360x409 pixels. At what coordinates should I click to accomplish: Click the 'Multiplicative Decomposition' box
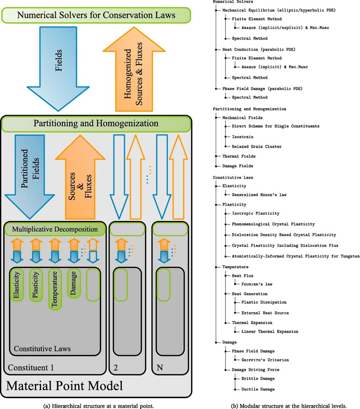point(54,229)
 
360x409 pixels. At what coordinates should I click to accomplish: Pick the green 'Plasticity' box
point(36,286)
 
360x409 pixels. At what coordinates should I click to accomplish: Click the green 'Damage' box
point(74,283)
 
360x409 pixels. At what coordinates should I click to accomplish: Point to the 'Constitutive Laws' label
point(42,349)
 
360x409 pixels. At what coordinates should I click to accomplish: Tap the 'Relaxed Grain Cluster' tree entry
point(256,146)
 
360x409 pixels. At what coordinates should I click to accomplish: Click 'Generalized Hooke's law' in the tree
point(259,195)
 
